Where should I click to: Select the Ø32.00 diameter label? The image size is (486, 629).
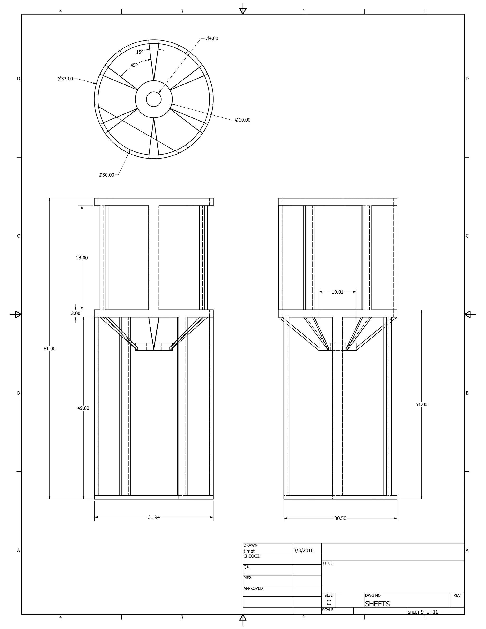pos(65,79)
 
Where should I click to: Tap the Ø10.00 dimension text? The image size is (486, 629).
pos(243,120)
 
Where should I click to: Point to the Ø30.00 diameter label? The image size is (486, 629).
pos(107,175)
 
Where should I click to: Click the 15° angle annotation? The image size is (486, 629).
pos(140,52)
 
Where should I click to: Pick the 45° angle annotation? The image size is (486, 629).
pos(134,65)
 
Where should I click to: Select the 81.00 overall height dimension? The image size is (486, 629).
pos(50,349)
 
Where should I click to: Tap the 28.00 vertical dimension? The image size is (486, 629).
pos(82,258)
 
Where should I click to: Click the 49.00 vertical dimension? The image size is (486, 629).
pos(83,408)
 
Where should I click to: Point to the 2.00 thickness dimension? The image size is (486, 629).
pos(76,313)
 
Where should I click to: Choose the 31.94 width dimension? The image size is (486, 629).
pos(154,517)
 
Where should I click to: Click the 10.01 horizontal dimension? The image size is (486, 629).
pos(337,292)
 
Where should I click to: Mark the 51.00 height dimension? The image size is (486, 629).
pos(421,404)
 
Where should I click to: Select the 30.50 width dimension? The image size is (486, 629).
pos(340,518)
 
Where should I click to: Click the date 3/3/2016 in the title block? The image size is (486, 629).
pos(304,550)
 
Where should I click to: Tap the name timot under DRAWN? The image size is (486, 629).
pos(249,551)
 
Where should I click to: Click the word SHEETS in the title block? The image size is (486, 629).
pos(377,604)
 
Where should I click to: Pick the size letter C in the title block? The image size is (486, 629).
pos(328,602)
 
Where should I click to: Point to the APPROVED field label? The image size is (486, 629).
pos(253,588)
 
